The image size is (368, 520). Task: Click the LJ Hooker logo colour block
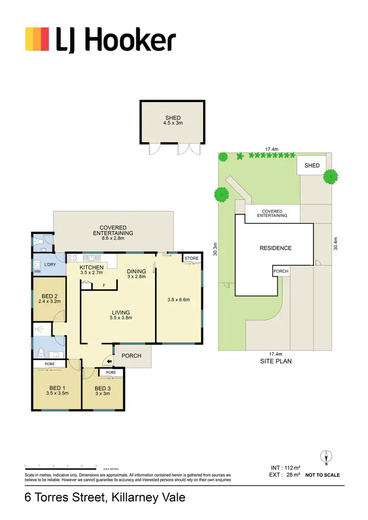(37, 39)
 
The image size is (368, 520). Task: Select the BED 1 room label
(57, 387)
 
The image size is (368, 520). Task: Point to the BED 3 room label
(103, 387)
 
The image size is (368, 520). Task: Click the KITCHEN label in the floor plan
(92, 267)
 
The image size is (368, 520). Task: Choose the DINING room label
(136, 271)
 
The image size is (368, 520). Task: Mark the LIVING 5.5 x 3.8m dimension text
(121, 318)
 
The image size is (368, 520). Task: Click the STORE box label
(191, 258)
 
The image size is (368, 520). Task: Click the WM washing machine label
(37, 271)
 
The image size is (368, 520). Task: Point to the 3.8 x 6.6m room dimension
(179, 300)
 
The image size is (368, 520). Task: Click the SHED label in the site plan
(312, 166)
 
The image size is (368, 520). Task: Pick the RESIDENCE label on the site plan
(275, 248)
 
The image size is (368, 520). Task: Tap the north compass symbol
(326, 457)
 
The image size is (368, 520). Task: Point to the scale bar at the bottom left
(60, 465)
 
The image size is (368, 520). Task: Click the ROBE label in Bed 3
(111, 373)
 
